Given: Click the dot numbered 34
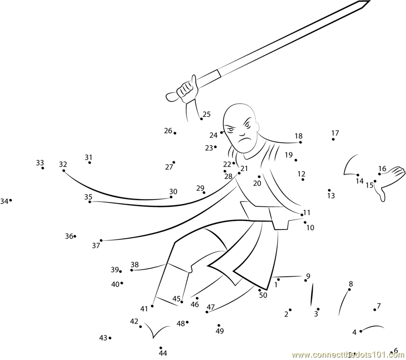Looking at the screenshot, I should [11, 201].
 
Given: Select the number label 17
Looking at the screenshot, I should [335, 133].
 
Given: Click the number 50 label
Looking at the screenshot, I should [263, 295].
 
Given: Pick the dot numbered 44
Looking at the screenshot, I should [161, 348].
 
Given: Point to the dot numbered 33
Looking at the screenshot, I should [43, 168].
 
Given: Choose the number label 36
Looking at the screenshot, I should [69, 236].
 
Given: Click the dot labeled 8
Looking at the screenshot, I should [350, 290].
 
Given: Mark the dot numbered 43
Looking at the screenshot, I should [110, 338].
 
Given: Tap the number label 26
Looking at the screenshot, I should [168, 130].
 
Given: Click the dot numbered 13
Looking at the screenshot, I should [329, 190].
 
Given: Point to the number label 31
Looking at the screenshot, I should [88, 157].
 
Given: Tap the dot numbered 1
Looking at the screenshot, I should [278, 279].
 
